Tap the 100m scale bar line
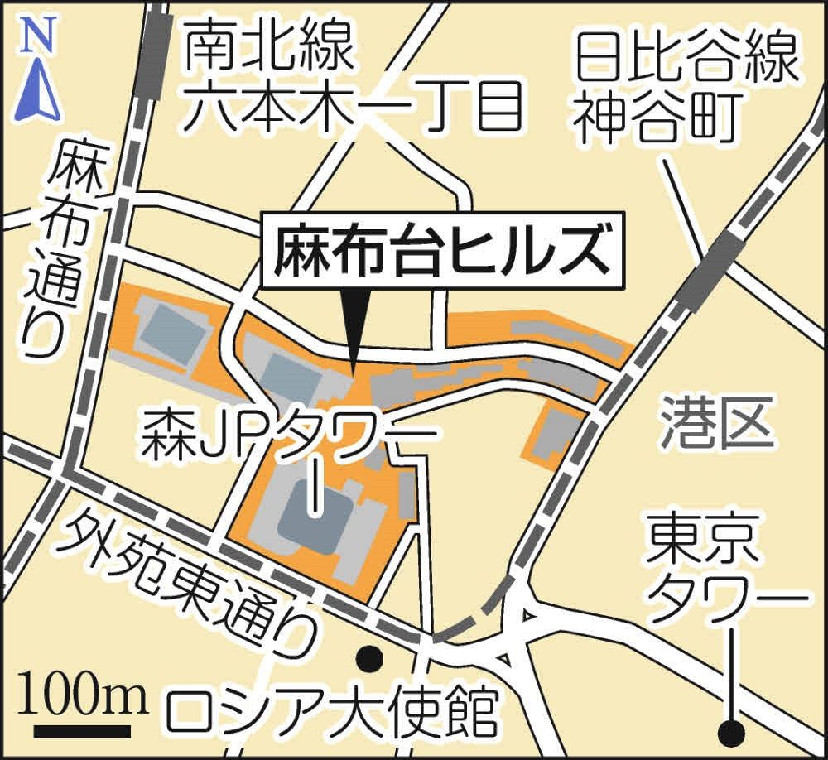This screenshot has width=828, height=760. point(82,731)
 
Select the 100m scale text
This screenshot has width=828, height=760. point(82,697)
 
